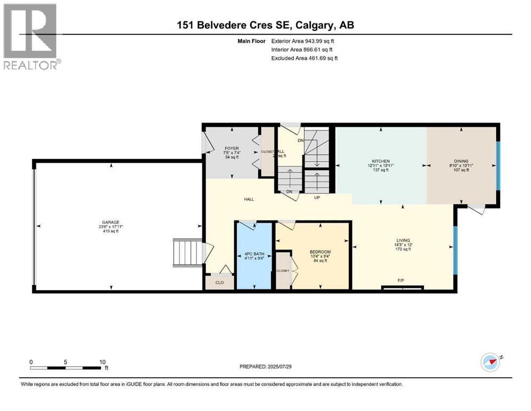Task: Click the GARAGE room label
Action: point(111,222)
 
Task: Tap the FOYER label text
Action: point(231,149)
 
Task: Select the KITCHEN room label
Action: point(380,161)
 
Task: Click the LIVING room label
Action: point(403,240)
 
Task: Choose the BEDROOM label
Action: point(320,252)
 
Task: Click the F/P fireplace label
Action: point(401,280)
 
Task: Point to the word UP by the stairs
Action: point(317,197)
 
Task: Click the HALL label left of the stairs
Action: point(249,199)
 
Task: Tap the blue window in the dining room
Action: point(498,166)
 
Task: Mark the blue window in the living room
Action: point(455,249)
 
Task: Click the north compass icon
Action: point(490,362)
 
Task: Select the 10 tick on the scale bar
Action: point(102,362)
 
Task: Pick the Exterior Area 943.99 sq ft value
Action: point(305,41)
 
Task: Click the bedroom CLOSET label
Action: point(282,271)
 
